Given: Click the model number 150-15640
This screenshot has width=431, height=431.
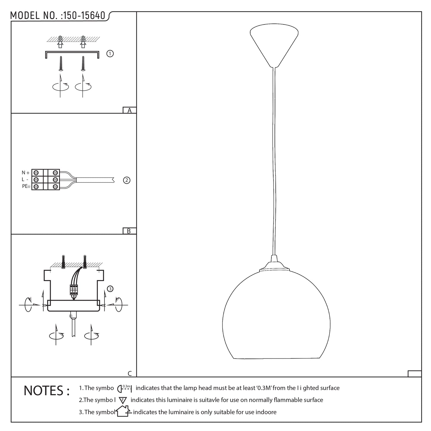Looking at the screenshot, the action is coord(84,16).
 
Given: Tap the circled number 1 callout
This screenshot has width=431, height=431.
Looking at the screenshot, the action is coord(110,54).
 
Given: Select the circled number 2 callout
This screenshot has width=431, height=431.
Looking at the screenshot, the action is coord(126,180).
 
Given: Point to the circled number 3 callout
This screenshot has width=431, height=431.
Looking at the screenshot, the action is coord(110,289).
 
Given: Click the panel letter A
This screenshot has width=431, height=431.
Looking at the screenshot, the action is coord(129,110).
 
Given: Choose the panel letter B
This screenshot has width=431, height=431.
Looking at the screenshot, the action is coord(129,231).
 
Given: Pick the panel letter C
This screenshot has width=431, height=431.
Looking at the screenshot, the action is coord(130,373).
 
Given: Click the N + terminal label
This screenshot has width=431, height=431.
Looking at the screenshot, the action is coord(25,173).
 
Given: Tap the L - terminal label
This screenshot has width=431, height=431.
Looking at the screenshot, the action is coord(25,179).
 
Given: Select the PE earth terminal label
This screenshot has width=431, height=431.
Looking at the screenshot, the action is coord(26,186).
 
